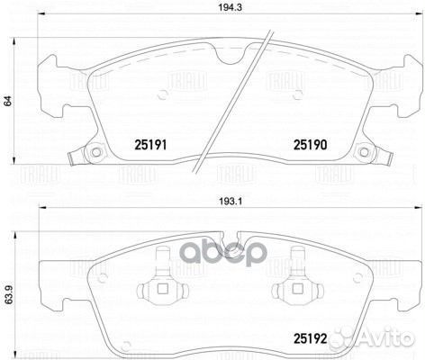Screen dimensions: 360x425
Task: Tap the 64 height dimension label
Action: pos(8,102)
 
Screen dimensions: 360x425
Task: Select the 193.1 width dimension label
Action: pos(212,202)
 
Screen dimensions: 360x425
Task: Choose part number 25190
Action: pos(309,143)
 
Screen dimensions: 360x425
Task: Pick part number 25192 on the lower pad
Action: pos(309,338)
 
